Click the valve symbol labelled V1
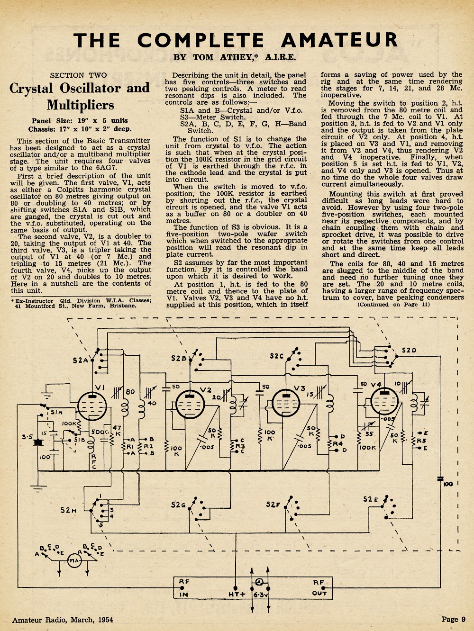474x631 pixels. [92, 406]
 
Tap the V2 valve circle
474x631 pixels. [190, 404]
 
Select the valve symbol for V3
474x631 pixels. [286, 403]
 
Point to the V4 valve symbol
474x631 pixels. [384, 401]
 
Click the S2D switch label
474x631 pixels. [409, 351]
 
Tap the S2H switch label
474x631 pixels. [68, 510]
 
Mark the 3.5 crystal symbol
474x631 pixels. [37, 442]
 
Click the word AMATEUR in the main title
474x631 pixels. [339, 40]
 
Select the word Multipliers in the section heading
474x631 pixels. [81, 105]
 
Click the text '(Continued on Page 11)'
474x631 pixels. [393, 305]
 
